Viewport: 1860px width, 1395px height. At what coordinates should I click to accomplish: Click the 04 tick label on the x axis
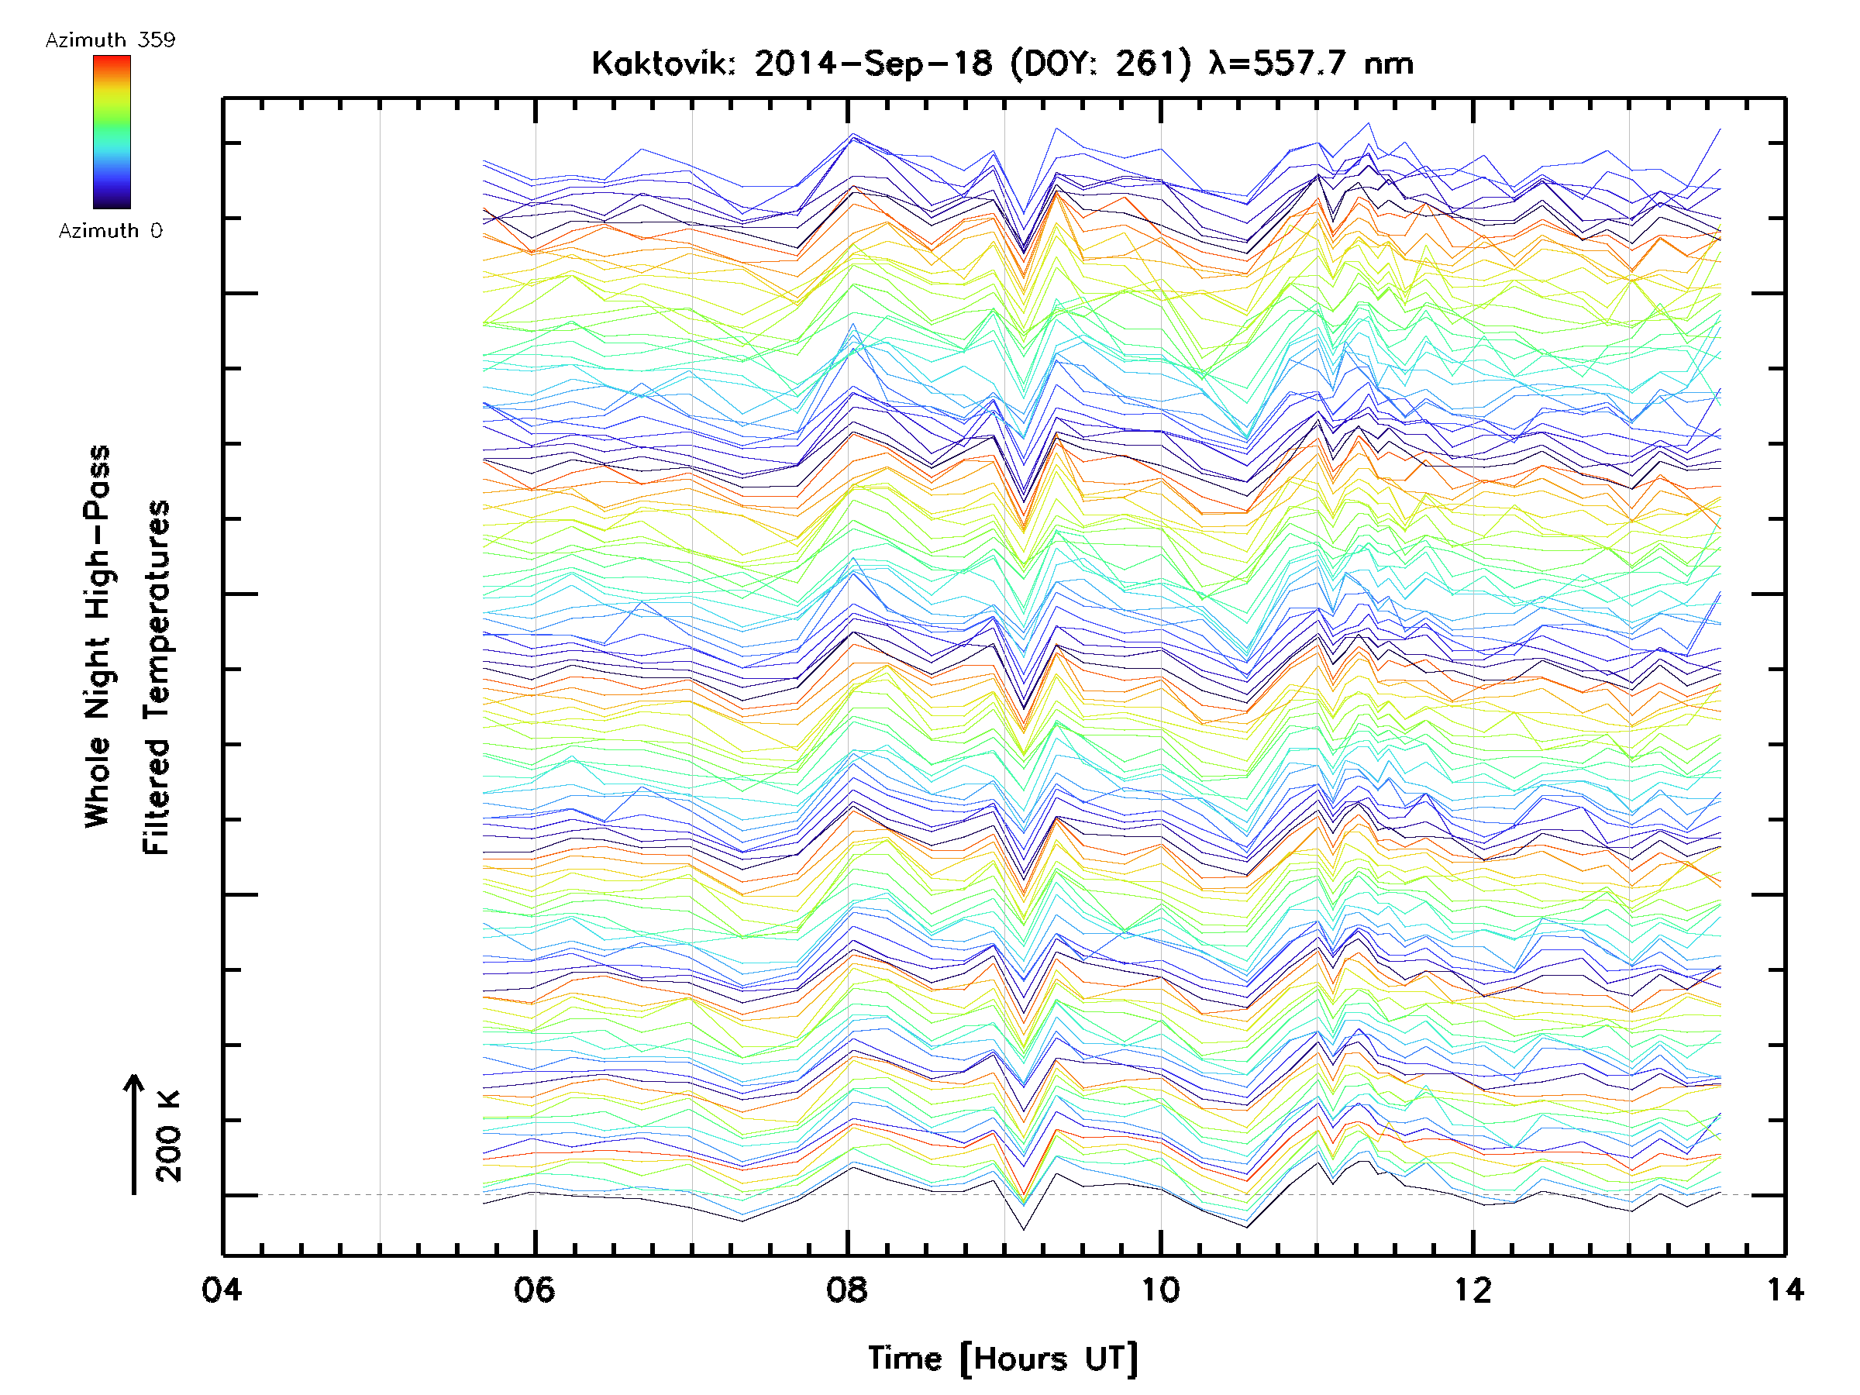click(221, 1289)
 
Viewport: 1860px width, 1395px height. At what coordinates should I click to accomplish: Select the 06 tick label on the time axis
click(534, 1289)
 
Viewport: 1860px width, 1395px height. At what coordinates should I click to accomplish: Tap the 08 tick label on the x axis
click(847, 1289)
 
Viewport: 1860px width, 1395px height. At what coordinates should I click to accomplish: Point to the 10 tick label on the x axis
click(1160, 1289)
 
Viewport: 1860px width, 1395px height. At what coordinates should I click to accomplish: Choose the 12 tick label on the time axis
click(1473, 1289)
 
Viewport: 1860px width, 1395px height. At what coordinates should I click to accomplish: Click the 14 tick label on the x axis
click(1785, 1289)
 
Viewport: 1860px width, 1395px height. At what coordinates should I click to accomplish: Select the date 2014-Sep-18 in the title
click(873, 64)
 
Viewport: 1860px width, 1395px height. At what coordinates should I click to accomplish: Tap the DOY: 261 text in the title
click(1100, 64)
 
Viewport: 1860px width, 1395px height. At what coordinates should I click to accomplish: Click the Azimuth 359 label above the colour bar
click(110, 40)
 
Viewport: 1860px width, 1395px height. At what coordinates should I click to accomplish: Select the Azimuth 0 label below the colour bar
click(110, 230)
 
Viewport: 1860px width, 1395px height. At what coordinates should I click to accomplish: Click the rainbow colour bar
click(112, 132)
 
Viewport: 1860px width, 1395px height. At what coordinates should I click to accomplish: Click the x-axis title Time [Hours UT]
click(1003, 1358)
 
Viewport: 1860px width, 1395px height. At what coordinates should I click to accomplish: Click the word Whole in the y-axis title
click(98, 781)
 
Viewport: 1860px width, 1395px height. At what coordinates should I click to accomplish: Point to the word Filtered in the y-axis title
click(157, 796)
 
